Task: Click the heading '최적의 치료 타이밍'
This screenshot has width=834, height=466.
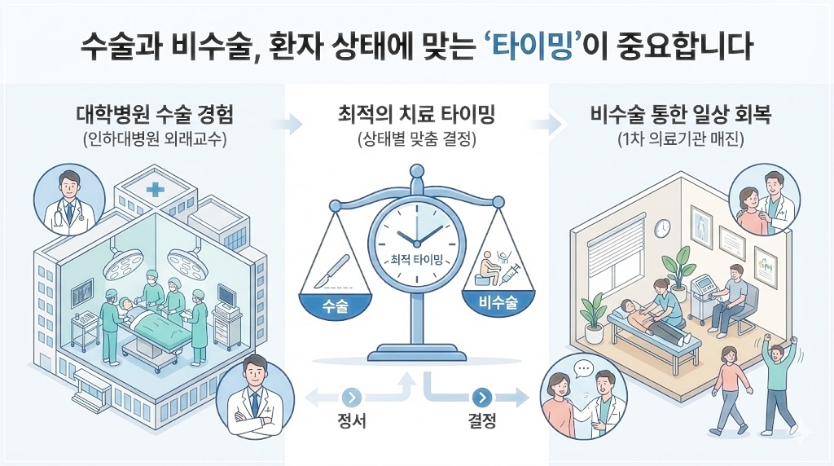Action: [x=417, y=116]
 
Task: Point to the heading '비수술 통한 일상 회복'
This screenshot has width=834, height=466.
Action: [x=680, y=116]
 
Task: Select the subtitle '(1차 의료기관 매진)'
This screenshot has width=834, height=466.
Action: [x=680, y=139]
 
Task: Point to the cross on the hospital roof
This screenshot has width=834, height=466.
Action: [x=152, y=190]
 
